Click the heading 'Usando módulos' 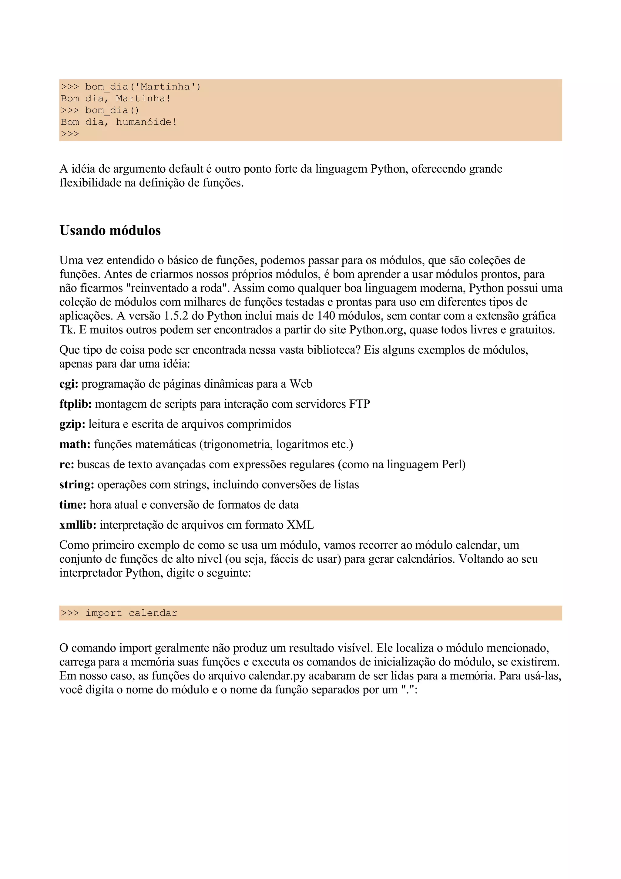point(110,231)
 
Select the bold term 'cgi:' point(69,384)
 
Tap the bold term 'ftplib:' point(76,404)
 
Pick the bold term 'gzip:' point(72,424)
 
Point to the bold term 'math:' point(75,444)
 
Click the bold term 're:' point(67,464)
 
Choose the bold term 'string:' point(76,485)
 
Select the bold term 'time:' point(73,505)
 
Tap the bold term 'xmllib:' point(78,525)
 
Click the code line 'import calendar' point(131,613)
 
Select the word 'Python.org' point(377,330)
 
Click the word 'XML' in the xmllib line point(300,525)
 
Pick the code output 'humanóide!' point(146,122)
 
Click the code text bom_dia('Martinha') point(143,87)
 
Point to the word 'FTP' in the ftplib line point(359,404)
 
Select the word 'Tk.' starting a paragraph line point(67,330)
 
